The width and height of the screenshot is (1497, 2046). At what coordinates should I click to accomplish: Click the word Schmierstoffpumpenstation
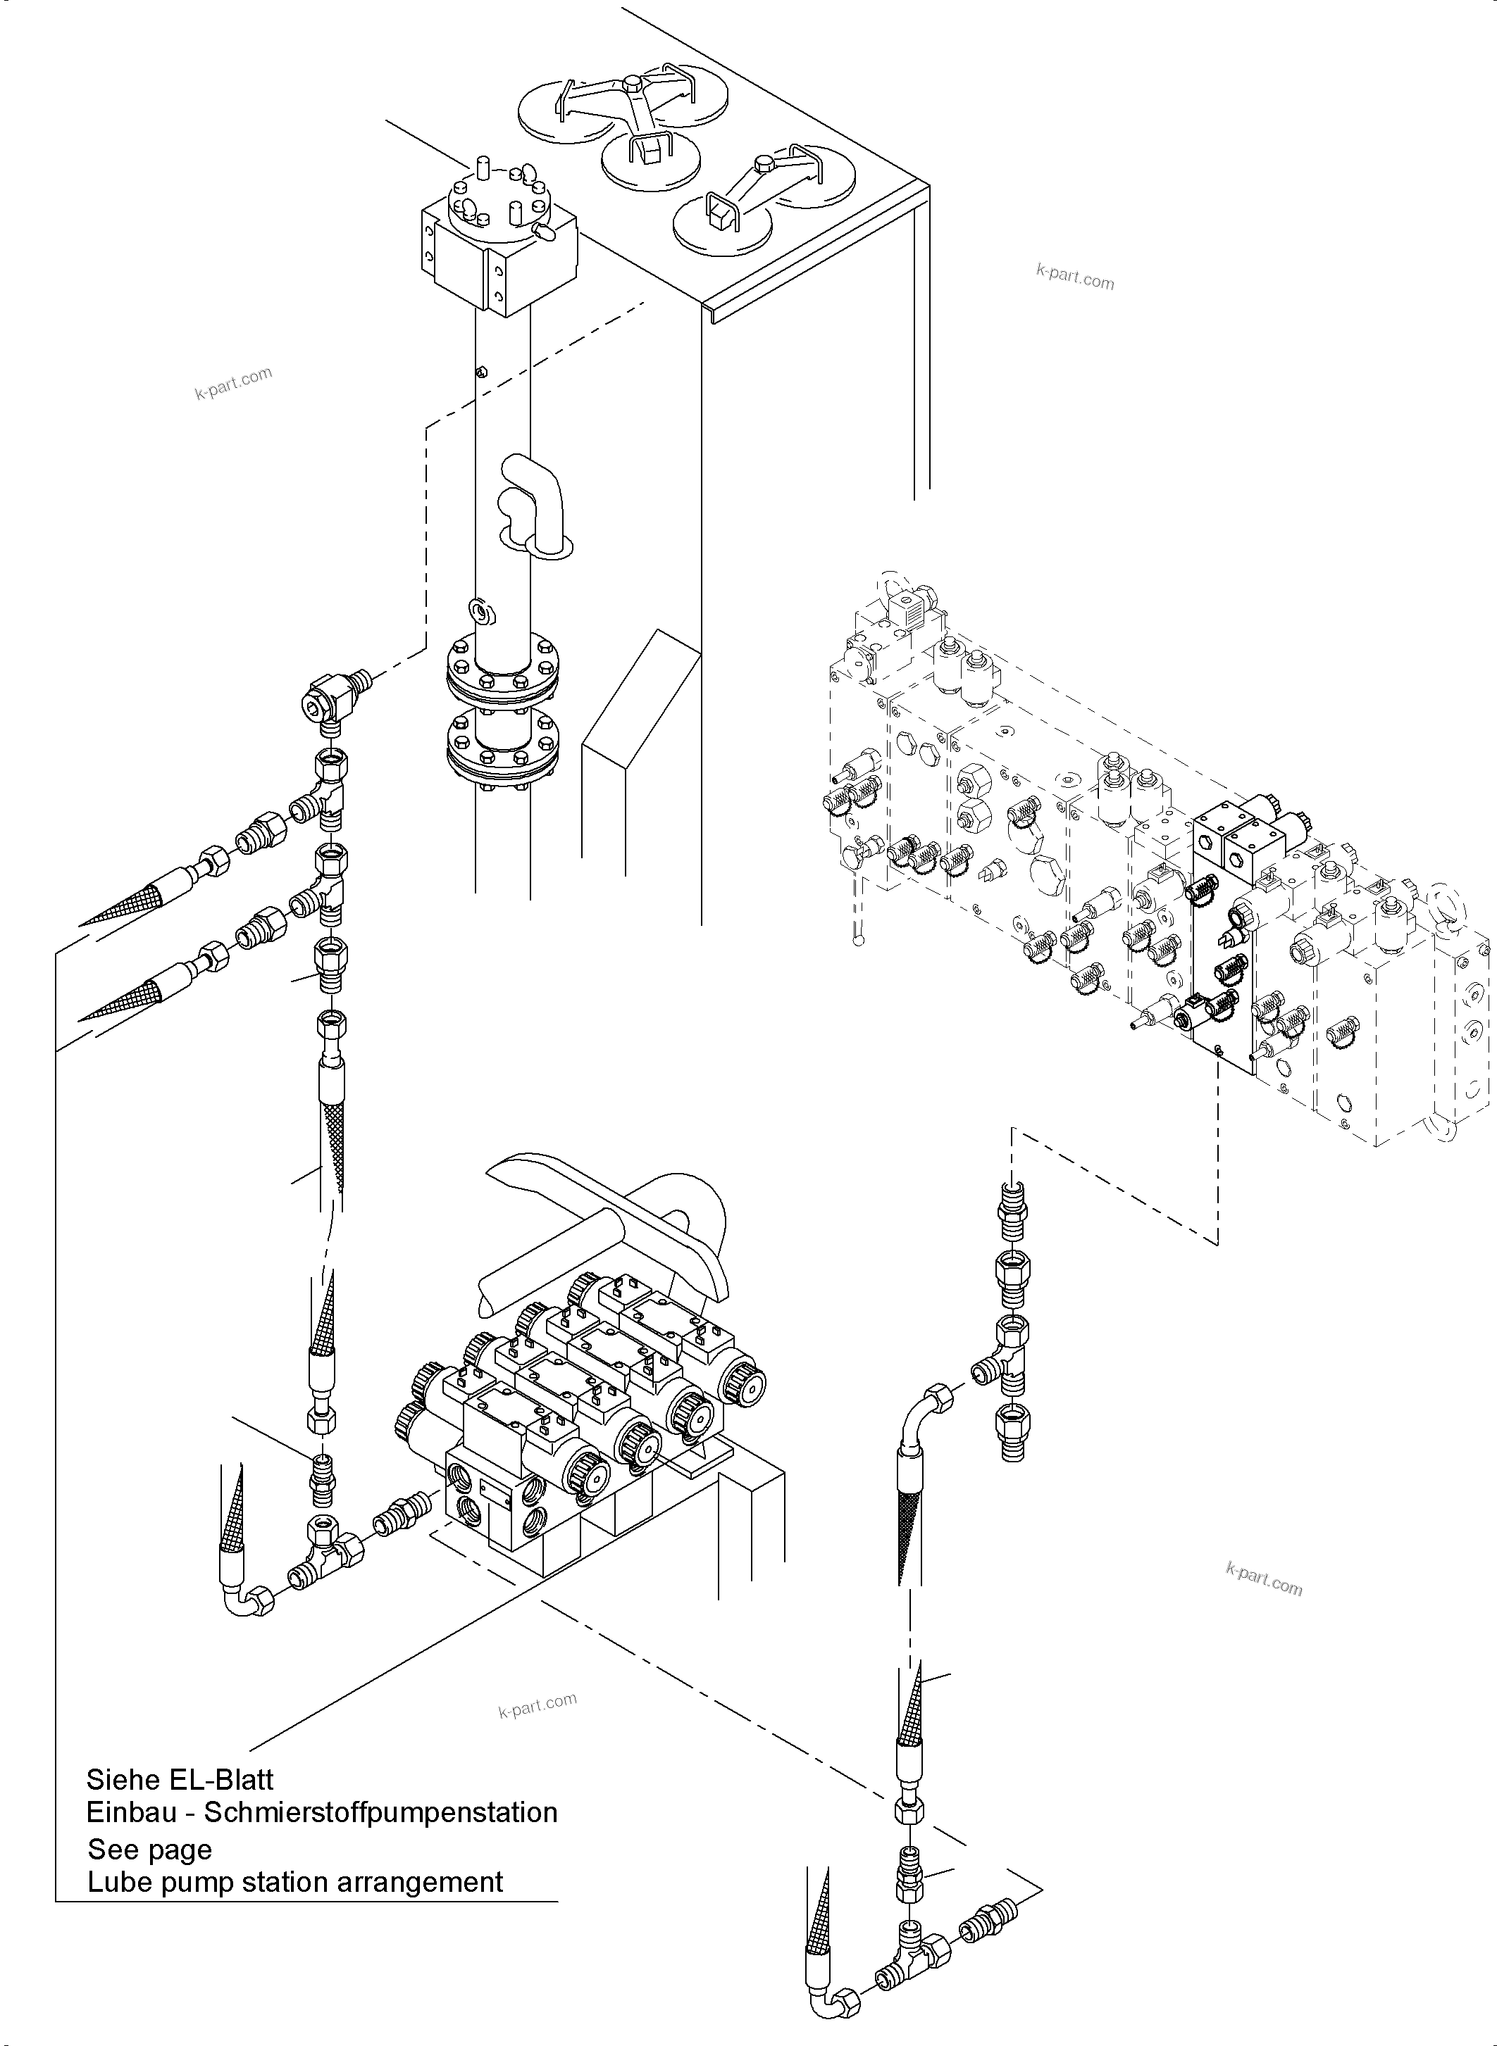pyautogui.click(x=380, y=1812)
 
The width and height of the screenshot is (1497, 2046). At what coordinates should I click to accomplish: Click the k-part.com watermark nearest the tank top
pyautogui.click(x=1075, y=275)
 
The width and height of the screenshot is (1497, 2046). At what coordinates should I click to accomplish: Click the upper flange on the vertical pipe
pyautogui.click(x=503, y=673)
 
